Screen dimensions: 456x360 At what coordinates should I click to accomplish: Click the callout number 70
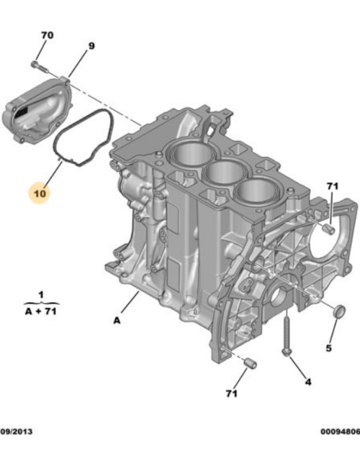tap(47, 35)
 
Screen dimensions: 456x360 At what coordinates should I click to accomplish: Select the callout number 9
tap(91, 47)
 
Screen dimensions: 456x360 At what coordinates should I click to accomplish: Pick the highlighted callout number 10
tap(38, 193)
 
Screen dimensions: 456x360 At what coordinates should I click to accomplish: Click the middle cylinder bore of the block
tap(225, 173)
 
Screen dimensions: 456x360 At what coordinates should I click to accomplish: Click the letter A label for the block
tap(116, 321)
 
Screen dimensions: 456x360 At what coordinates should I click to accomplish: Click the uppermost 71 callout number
tap(332, 188)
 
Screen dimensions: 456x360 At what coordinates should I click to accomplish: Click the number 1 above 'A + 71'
tap(41, 295)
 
